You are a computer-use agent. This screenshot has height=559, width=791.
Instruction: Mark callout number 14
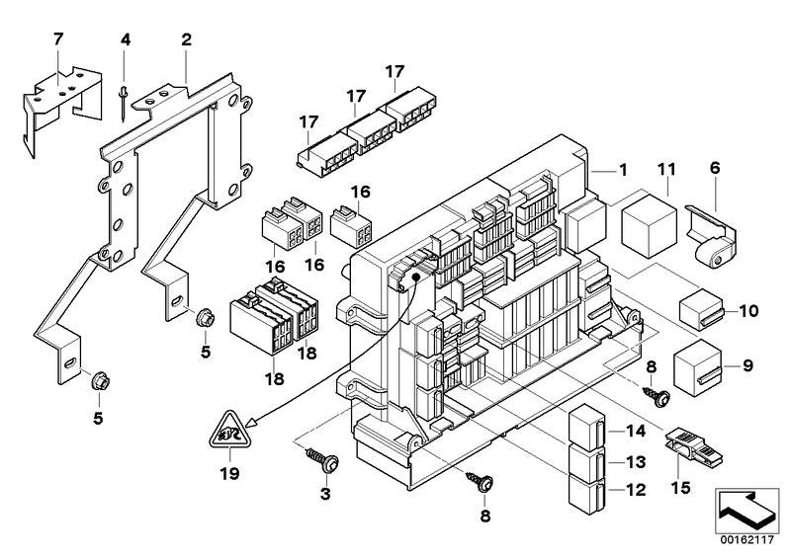(x=634, y=432)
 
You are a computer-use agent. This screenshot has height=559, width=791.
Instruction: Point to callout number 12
(x=634, y=488)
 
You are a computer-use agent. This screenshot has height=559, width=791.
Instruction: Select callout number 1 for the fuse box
(x=623, y=170)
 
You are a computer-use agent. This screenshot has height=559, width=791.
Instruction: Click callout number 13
(x=634, y=460)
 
